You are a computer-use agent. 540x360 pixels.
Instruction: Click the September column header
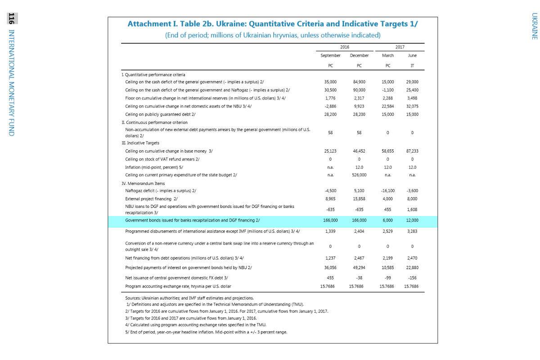(330, 56)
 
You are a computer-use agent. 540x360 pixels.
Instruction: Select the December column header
(359, 56)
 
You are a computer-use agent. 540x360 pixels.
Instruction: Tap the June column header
(412, 56)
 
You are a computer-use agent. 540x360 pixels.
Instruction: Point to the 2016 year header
(344, 46)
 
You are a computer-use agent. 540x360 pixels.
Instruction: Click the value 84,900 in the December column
(359, 82)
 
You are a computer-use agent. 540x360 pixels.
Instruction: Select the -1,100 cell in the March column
(387, 90)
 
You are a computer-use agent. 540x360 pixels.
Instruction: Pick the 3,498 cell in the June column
(412, 98)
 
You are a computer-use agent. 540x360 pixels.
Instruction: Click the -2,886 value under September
(330, 106)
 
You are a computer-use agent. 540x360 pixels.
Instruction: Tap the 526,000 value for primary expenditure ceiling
(359, 175)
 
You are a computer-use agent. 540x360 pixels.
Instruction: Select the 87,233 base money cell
(412, 151)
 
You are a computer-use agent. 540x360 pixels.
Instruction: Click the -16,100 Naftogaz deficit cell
(387, 191)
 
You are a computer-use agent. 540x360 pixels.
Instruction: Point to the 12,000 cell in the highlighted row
(412, 220)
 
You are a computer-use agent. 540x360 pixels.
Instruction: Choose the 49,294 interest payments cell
(359, 267)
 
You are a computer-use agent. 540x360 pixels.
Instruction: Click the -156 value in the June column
(412, 278)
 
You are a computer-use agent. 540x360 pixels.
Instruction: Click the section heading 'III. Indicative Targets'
(140, 143)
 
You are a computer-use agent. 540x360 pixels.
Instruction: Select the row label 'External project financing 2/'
(151, 199)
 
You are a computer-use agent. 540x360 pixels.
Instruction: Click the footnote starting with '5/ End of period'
(206, 332)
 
